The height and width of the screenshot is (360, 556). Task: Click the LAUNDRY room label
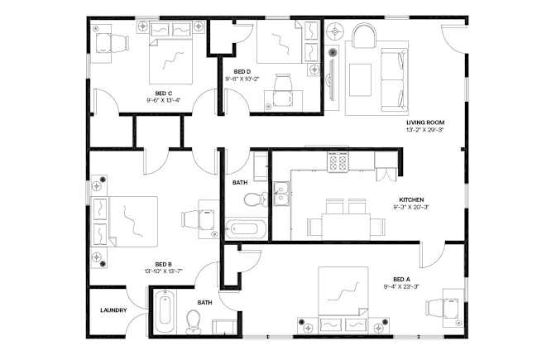point(113,310)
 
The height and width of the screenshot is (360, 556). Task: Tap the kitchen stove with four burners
point(338,162)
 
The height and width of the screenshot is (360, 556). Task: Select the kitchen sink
point(281,194)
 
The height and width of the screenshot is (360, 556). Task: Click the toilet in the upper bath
point(256,199)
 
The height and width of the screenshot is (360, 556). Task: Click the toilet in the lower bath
point(194,321)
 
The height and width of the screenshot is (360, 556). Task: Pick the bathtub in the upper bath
point(246,228)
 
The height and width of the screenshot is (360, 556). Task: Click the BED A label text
point(401,280)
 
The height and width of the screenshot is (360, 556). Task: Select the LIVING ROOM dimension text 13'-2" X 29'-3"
point(425,130)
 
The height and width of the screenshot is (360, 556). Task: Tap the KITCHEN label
point(411,200)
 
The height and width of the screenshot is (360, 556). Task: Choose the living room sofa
point(394,80)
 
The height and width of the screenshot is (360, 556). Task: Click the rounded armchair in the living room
point(364,36)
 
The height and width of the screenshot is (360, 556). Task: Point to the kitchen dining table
point(346,226)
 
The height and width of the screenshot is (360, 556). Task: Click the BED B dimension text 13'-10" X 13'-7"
point(164,271)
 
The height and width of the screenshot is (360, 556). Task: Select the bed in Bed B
point(125,221)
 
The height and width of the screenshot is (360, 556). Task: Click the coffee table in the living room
point(360,79)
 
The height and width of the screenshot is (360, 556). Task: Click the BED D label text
point(242,72)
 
